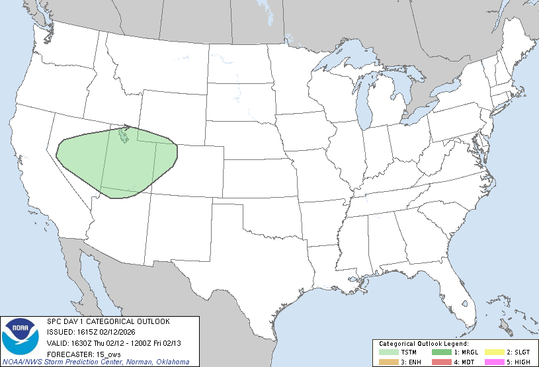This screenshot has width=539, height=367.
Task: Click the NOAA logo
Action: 21,336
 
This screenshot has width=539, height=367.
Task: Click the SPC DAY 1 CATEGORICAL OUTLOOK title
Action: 108,321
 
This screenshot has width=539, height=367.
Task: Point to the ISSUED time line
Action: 97,332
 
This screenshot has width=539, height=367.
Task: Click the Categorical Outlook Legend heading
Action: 423,344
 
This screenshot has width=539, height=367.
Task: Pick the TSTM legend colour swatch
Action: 388,352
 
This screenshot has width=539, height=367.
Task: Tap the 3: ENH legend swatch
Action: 388,361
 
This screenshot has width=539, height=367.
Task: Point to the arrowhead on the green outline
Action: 128,127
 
